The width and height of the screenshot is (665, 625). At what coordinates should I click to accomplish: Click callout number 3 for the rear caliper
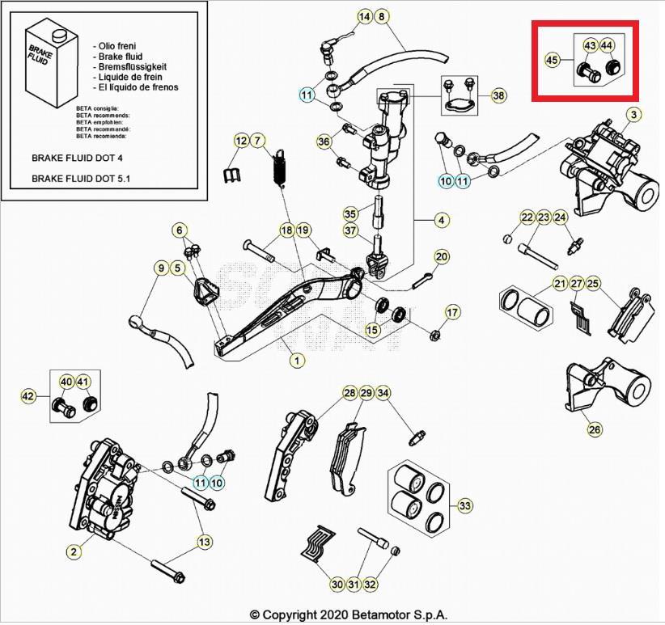click(x=633, y=115)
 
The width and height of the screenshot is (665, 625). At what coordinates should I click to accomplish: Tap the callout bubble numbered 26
click(x=595, y=429)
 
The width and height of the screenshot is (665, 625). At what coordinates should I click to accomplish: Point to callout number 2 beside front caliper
click(x=74, y=551)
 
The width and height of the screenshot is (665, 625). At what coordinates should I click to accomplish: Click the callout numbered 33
click(x=464, y=506)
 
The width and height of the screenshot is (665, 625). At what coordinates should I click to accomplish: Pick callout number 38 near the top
click(x=498, y=95)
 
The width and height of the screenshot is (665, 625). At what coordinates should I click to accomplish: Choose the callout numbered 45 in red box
click(x=552, y=60)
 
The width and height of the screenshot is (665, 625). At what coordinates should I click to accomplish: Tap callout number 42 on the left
click(x=28, y=395)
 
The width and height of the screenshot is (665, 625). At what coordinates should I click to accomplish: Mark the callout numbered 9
click(x=160, y=268)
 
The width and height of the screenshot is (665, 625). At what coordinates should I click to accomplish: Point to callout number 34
click(x=383, y=393)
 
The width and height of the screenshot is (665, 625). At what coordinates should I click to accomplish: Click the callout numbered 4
click(x=442, y=219)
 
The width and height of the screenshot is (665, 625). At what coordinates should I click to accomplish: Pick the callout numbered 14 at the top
click(x=364, y=16)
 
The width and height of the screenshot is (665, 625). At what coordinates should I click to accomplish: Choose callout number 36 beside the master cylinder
click(x=324, y=142)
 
